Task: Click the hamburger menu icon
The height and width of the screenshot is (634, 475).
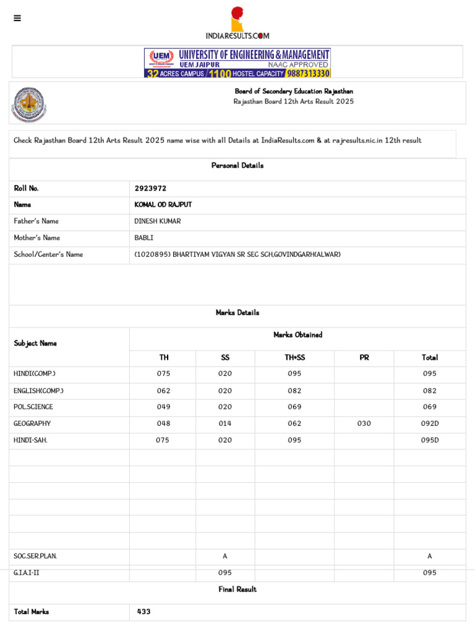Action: pyautogui.click(x=17, y=18)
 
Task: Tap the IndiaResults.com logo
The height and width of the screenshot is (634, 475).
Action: pyautogui.click(x=237, y=24)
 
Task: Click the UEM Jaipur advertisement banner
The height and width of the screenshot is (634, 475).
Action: pyautogui.click(x=237, y=63)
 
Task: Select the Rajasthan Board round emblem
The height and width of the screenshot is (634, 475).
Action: pyautogui.click(x=28, y=104)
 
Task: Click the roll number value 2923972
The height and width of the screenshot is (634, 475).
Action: pyautogui.click(x=150, y=188)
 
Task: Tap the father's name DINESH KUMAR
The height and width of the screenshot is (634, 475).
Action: pyautogui.click(x=158, y=221)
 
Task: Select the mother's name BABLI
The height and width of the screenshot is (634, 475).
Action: pyautogui.click(x=144, y=238)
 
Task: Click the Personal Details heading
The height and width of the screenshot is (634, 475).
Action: pyautogui.click(x=237, y=166)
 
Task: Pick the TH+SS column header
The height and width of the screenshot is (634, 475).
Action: pyautogui.click(x=294, y=358)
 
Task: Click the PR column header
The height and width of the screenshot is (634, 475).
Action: pyautogui.click(x=364, y=358)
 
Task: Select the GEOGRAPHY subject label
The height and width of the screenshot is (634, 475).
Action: pyautogui.click(x=32, y=424)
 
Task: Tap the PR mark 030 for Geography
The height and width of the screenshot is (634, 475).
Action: pyautogui.click(x=364, y=424)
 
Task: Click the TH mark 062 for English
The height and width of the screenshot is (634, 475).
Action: pyautogui.click(x=163, y=391)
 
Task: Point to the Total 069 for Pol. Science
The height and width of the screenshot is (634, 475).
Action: pyautogui.click(x=430, y=407)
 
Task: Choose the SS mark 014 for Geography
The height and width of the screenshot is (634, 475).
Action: pyautogui.click(x=225, y=424)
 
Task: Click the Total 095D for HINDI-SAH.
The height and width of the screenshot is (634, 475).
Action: pyautogui.click(x=430, y=440)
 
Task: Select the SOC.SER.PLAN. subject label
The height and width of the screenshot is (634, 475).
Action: pyautogui.click(x=35, y=556)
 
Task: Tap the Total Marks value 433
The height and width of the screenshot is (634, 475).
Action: pyautogui.click(x=144, y=612)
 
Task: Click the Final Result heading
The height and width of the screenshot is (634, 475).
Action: pyautogui.click(x=237, y=589)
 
